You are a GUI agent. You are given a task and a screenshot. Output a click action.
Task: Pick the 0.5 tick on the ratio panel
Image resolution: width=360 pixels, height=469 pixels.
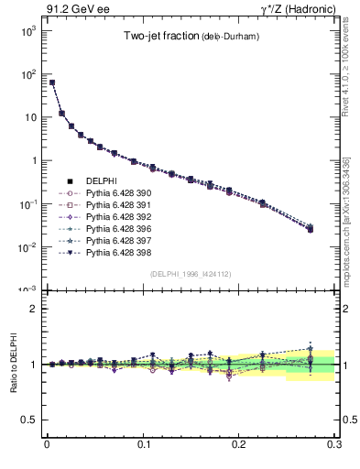(31, 420)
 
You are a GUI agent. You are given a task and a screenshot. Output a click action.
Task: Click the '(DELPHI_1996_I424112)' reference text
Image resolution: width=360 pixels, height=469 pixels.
(190, 273)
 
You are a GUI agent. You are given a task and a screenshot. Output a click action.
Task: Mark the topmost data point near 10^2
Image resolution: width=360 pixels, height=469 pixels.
(52, 82)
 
